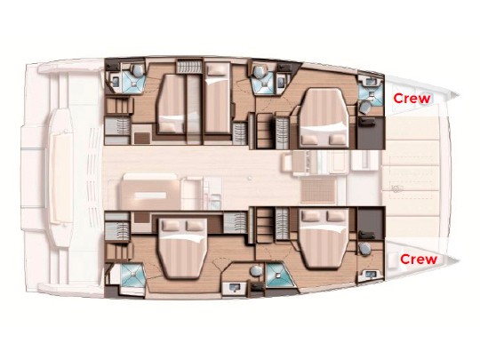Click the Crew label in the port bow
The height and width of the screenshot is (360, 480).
[x=412, y=99]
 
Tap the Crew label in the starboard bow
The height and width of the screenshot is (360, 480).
[x=419, y=260]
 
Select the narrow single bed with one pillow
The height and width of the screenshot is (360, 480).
[x=218, y=98]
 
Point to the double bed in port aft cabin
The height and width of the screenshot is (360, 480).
[x=172, y=104]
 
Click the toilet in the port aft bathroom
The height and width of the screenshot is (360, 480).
[x=137, y=71]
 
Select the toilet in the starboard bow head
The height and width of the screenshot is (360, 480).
[x=364, y=248]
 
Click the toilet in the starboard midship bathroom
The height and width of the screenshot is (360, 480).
[x=255, y=271]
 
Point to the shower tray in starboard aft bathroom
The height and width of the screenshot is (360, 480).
[x=132, y=276]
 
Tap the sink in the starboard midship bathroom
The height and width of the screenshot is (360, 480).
[x=235, y=288]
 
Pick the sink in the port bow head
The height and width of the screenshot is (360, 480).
[x=372, y=82]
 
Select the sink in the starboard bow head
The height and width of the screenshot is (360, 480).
[x=372, y=274]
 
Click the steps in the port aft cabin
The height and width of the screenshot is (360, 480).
[x=120, y=107]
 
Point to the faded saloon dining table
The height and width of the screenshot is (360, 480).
[x=150, y=195]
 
